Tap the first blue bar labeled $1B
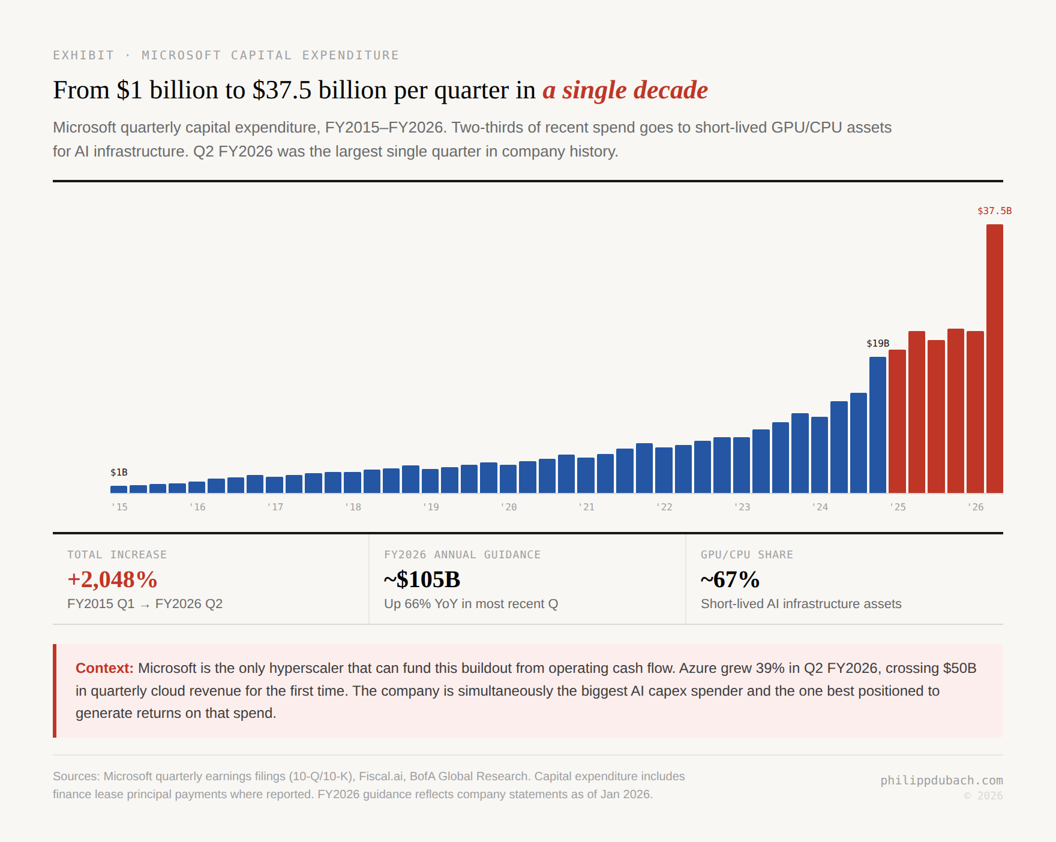click(119, 489)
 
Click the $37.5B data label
click(994, 211)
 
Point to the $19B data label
click(878, 344)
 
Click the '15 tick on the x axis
click(119, 507)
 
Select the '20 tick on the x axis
click(508, 507)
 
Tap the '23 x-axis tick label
click(742, 507)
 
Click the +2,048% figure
click(112, 580)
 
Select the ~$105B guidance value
click(422, 580)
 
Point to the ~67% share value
click(730, 580)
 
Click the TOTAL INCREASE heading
click(117, 555)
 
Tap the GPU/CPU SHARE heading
click(746, 555)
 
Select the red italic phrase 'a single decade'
click(625, 90)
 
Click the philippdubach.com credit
click(941, 780)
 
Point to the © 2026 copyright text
click(983, 796)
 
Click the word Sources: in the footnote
click(76, 776)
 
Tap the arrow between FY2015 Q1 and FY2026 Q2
click(145, 605)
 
